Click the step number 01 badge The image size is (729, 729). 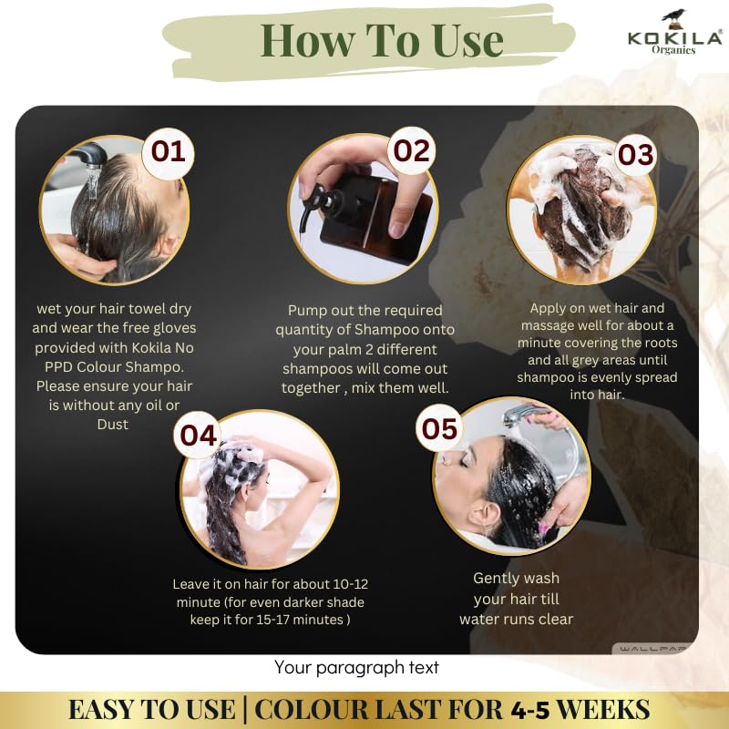point(168,150)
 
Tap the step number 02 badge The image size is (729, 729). point(411,150)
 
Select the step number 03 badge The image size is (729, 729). point(635,155)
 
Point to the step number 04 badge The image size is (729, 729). point(198,435)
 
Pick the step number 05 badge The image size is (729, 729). point(439,428)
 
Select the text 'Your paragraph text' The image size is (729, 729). point(356,668)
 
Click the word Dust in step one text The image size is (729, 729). point(115,424)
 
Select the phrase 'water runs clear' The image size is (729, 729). point(516,619)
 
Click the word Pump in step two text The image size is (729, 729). point(306,311)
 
